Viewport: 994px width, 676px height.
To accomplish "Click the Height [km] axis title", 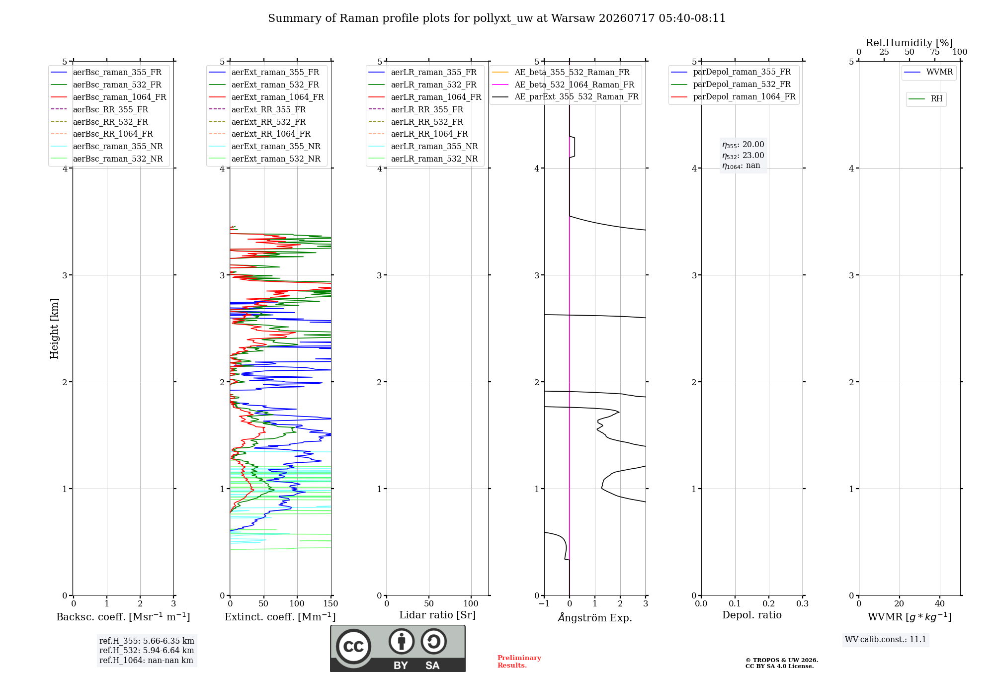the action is click(x=54, y=329).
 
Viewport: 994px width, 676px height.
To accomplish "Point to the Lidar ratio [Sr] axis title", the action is click(x=437, y=615).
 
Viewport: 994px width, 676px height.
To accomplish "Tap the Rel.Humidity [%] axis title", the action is click(x=910, y=43).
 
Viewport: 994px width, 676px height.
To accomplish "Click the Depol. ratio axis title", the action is click(x=752, y=615).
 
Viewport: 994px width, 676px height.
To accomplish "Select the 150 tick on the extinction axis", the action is click(x=331, y=603).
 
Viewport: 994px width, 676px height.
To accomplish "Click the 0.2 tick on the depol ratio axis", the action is click(x=769, y=603).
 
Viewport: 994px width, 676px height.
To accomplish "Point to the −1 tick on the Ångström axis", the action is click(x=544, y=603).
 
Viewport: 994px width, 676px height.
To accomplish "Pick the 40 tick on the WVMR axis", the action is click(x=940, y=603).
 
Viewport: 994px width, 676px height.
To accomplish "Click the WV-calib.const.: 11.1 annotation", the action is click(x=886, y=639).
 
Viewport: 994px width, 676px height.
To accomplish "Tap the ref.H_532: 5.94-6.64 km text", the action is click(x=147, y=650).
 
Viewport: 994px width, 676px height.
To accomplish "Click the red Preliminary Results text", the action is click(x=519, y=662).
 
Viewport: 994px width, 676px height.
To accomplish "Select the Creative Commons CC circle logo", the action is click(x=353, y=646).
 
